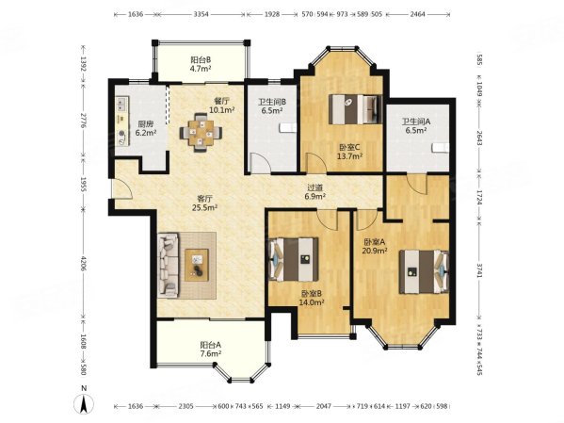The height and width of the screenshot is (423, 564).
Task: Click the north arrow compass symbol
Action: click(x=84, y=401)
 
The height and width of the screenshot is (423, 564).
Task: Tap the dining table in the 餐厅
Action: click(x=201, y=132)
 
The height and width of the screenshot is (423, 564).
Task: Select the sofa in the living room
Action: click(x=168, y=265)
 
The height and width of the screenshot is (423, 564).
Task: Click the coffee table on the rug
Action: click(x=197, y=265)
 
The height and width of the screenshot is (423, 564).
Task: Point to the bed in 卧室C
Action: click(x=355, y=109)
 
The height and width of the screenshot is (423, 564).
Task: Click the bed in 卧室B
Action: click(x=294, y=259)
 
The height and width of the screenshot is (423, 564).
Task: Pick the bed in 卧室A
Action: click(x=424, y=272)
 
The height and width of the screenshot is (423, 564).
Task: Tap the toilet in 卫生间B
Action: click(x=288, y=127)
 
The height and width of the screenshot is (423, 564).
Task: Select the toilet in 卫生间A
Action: click(x=441, y=148)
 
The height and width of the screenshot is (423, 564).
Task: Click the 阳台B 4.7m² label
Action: click(x=201, y=64)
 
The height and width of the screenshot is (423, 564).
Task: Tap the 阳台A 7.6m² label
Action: click(x=211, y=350)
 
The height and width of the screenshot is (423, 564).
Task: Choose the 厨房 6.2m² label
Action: click(x=146, y=128)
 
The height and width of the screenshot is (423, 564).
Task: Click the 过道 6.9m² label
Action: click(x=315, y=191)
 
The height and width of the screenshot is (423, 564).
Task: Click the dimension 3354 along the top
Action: click(x=201, y=14)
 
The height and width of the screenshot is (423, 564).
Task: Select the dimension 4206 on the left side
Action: click(x=84, y=264)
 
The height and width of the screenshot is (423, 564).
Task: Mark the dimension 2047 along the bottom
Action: click(x=323, y=406)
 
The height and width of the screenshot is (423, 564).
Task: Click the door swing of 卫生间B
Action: click(x=260, y=162)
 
